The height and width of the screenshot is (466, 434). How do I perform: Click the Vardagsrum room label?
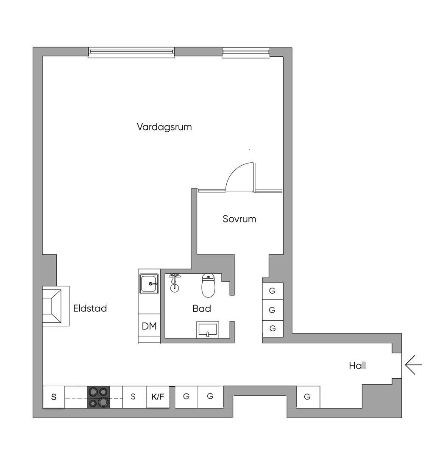[164, 127]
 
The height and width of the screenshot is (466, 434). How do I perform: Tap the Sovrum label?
[239, 219]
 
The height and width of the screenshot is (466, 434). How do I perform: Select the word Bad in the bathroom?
[202, 308]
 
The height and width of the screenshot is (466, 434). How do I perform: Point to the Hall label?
[357, 365]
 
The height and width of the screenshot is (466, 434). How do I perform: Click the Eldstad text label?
[90, 308]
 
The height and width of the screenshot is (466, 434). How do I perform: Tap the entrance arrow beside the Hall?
[413, 365]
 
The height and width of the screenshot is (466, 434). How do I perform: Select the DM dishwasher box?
[149, 326]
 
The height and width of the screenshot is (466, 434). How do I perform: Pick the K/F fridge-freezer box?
[158, 397]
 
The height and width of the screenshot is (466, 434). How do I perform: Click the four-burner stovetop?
[99, 397]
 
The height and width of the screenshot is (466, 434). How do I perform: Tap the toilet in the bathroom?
[208, 286]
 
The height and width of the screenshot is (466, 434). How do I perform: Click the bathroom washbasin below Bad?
[207, 330]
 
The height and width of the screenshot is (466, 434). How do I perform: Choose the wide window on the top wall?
[131, 52]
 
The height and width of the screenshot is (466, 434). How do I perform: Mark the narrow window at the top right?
[246, 52]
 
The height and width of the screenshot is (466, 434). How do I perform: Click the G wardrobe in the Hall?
[308, 397]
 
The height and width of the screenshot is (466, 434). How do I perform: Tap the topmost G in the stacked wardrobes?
[273, 291]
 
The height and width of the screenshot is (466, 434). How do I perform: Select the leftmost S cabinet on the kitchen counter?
[54, 397]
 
